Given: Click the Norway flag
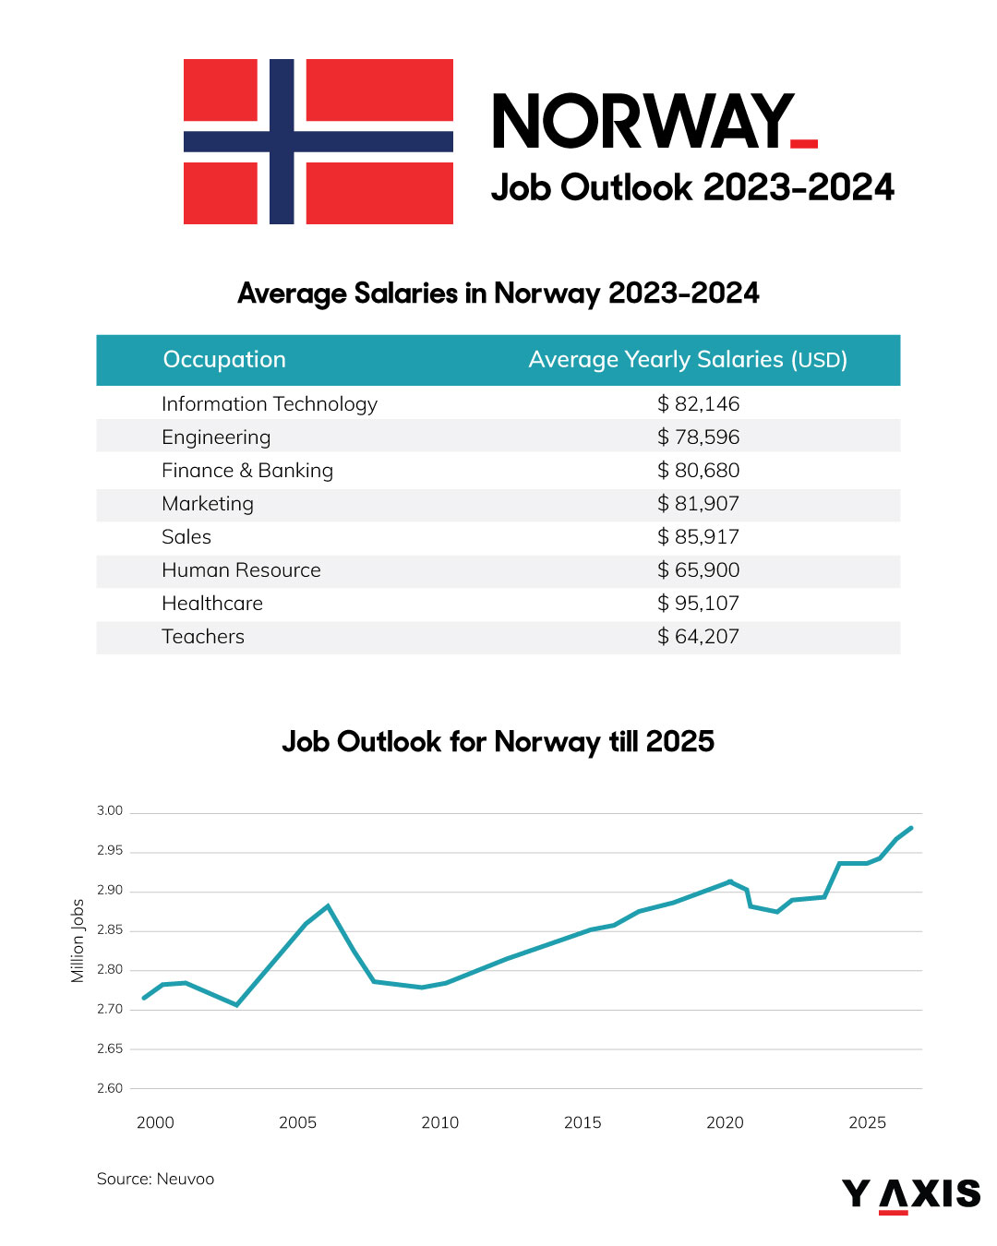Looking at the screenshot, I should click(318, 141).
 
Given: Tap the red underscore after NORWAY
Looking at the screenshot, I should click(804, 143).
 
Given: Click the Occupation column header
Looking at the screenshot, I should click(224, 360).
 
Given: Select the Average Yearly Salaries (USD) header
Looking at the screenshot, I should click(688, 360).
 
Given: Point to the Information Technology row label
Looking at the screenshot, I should click(270, 404).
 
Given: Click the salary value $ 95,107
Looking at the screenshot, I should click(698, 604).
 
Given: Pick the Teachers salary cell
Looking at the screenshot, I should click(698, 637).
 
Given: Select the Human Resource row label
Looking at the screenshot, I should click(241, 570).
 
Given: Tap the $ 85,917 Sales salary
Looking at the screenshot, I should click(698, 537).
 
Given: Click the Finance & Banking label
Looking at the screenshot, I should click(247, 471).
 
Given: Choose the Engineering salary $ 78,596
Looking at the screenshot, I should click(698, 437).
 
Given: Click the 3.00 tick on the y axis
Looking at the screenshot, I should click(110, 810).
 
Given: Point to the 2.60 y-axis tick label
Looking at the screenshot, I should click(110, 1088).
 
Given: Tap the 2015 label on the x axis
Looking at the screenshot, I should click(583, 1122).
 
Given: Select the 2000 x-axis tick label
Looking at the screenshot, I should click(155, 1122).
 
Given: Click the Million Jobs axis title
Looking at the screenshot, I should click(78, 940).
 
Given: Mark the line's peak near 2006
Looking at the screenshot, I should click(328, 905).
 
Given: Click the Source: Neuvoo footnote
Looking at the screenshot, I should click(155, 1179).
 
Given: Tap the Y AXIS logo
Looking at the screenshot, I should click(910, 1194).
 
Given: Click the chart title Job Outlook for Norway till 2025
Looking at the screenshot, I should click(498, 741).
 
